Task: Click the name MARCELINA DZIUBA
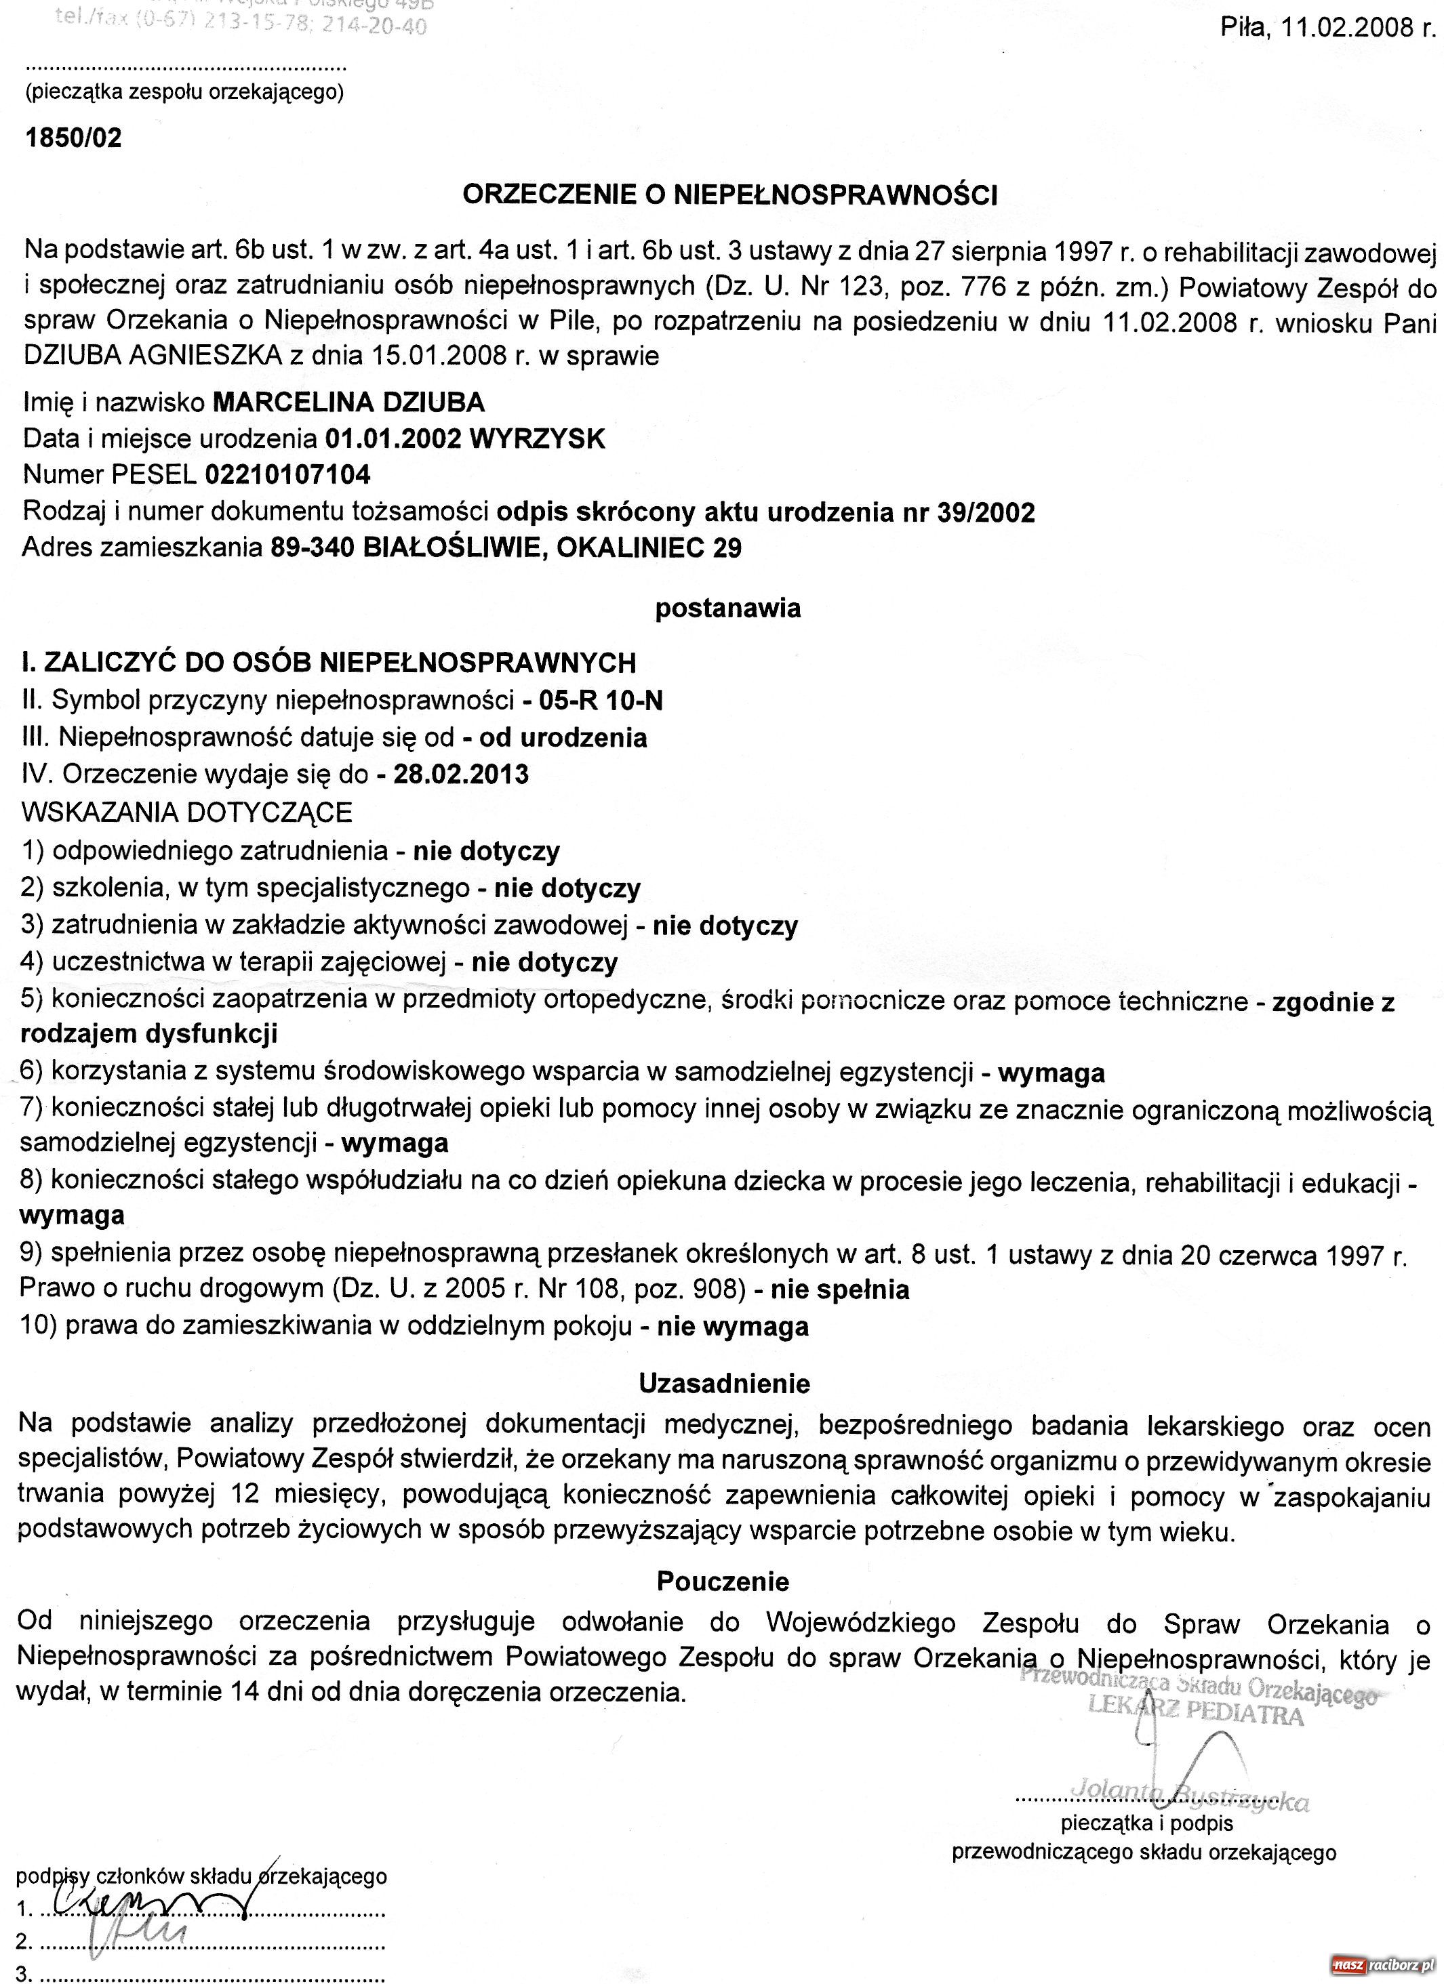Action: point(348,402)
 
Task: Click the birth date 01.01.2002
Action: point(393,439)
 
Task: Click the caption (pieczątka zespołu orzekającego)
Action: point(184,93)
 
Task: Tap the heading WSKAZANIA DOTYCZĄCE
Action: point(186,812)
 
